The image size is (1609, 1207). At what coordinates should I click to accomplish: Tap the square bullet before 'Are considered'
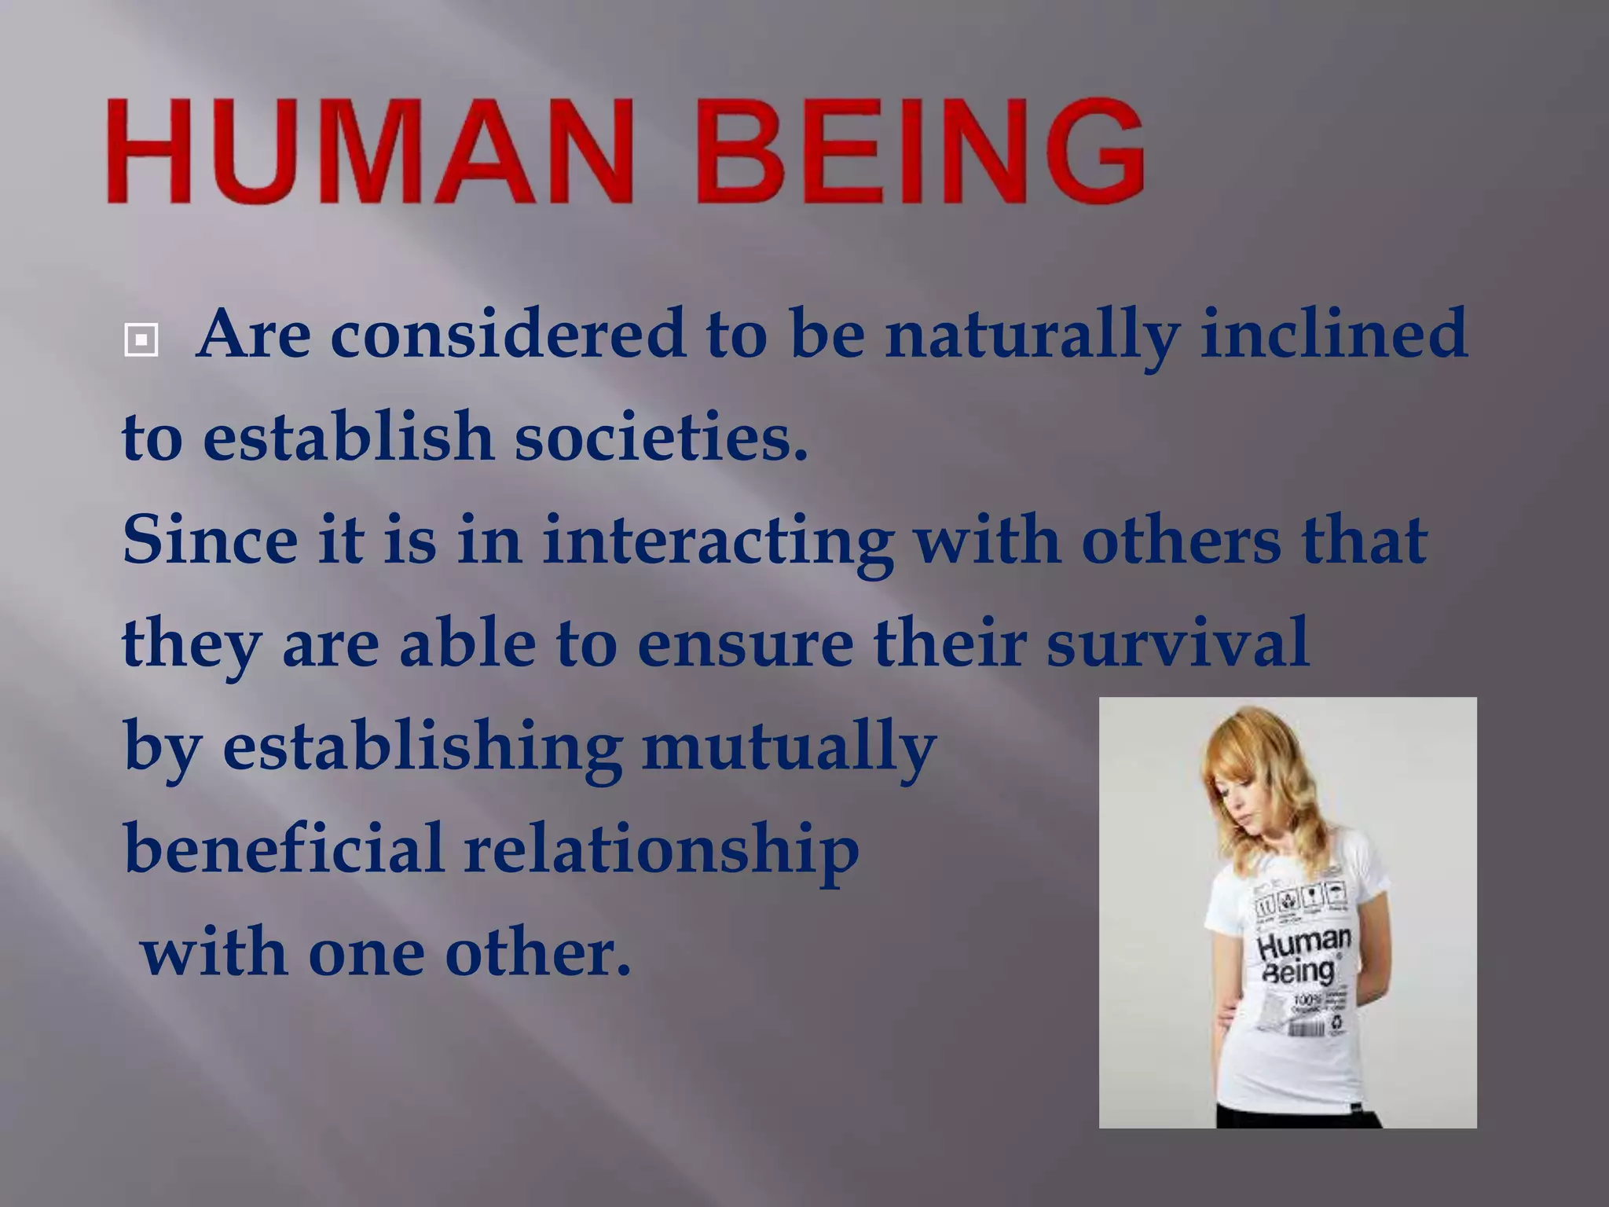coord(141,340)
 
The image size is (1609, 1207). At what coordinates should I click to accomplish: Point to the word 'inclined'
coord(1332,333)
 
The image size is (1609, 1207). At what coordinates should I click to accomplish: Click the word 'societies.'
coord(661,437)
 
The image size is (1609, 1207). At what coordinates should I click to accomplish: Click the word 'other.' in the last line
coord(537,952)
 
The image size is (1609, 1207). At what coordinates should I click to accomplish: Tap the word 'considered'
coord(508,333)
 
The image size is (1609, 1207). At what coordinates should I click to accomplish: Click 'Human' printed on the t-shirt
coord(1303,943)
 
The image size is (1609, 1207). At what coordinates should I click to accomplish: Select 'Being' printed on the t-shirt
coord(1298,971)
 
